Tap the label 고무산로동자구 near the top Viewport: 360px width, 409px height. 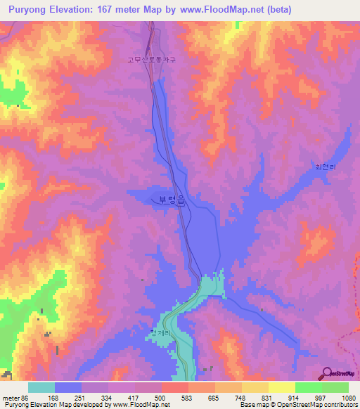150,60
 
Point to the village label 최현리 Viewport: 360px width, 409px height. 324,167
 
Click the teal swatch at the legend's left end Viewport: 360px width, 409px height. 41,387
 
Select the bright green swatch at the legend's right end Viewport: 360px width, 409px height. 335,387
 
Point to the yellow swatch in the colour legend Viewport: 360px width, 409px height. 282,387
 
